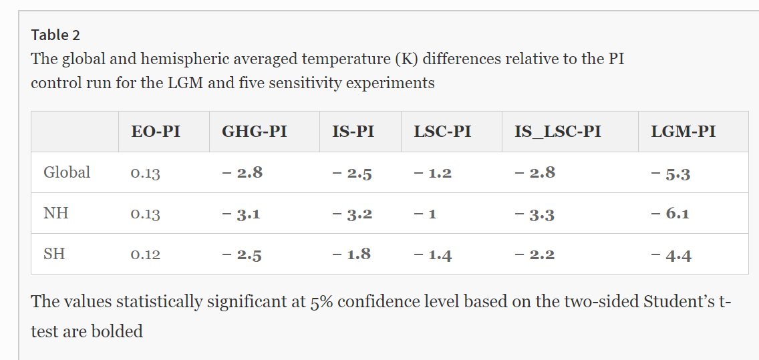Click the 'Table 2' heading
pyautogui.click(x=55, y=35)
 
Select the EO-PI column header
pyautogui.click(x=156, y=132)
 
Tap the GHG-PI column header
pyautogui.click(x=254, y=132)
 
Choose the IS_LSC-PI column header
pyautogui.click(x=557, y=132)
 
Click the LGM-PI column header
pyautogui.click(x=683, y=132)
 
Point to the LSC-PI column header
pyautogui.click(x=442, y=132)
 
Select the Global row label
pyautogui.click(x=67, y=172)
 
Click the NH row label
pyautogui.click(x=55, y=214)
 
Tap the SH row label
pyautogui.click(x=54, y=254)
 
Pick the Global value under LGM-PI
pyautogui.click(x=670, y=173)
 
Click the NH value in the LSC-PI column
pyautogui.click(x=424, y=214)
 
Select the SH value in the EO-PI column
pyautogui.click(x=146, y=254)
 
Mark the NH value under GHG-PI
pyautogui.click(x=241, y=214)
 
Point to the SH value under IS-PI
pyautogui.click(x=351, y=254)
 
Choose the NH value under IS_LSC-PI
pyautogui.click(x=535, y=214)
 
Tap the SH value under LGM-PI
pyautogui.click(x=670, y=254)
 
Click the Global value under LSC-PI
pyautogui.click(x=432, y=173)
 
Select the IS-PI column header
pyautogui.click(x=353, y=132)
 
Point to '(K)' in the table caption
pyautogui.click(x=406, y=58)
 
